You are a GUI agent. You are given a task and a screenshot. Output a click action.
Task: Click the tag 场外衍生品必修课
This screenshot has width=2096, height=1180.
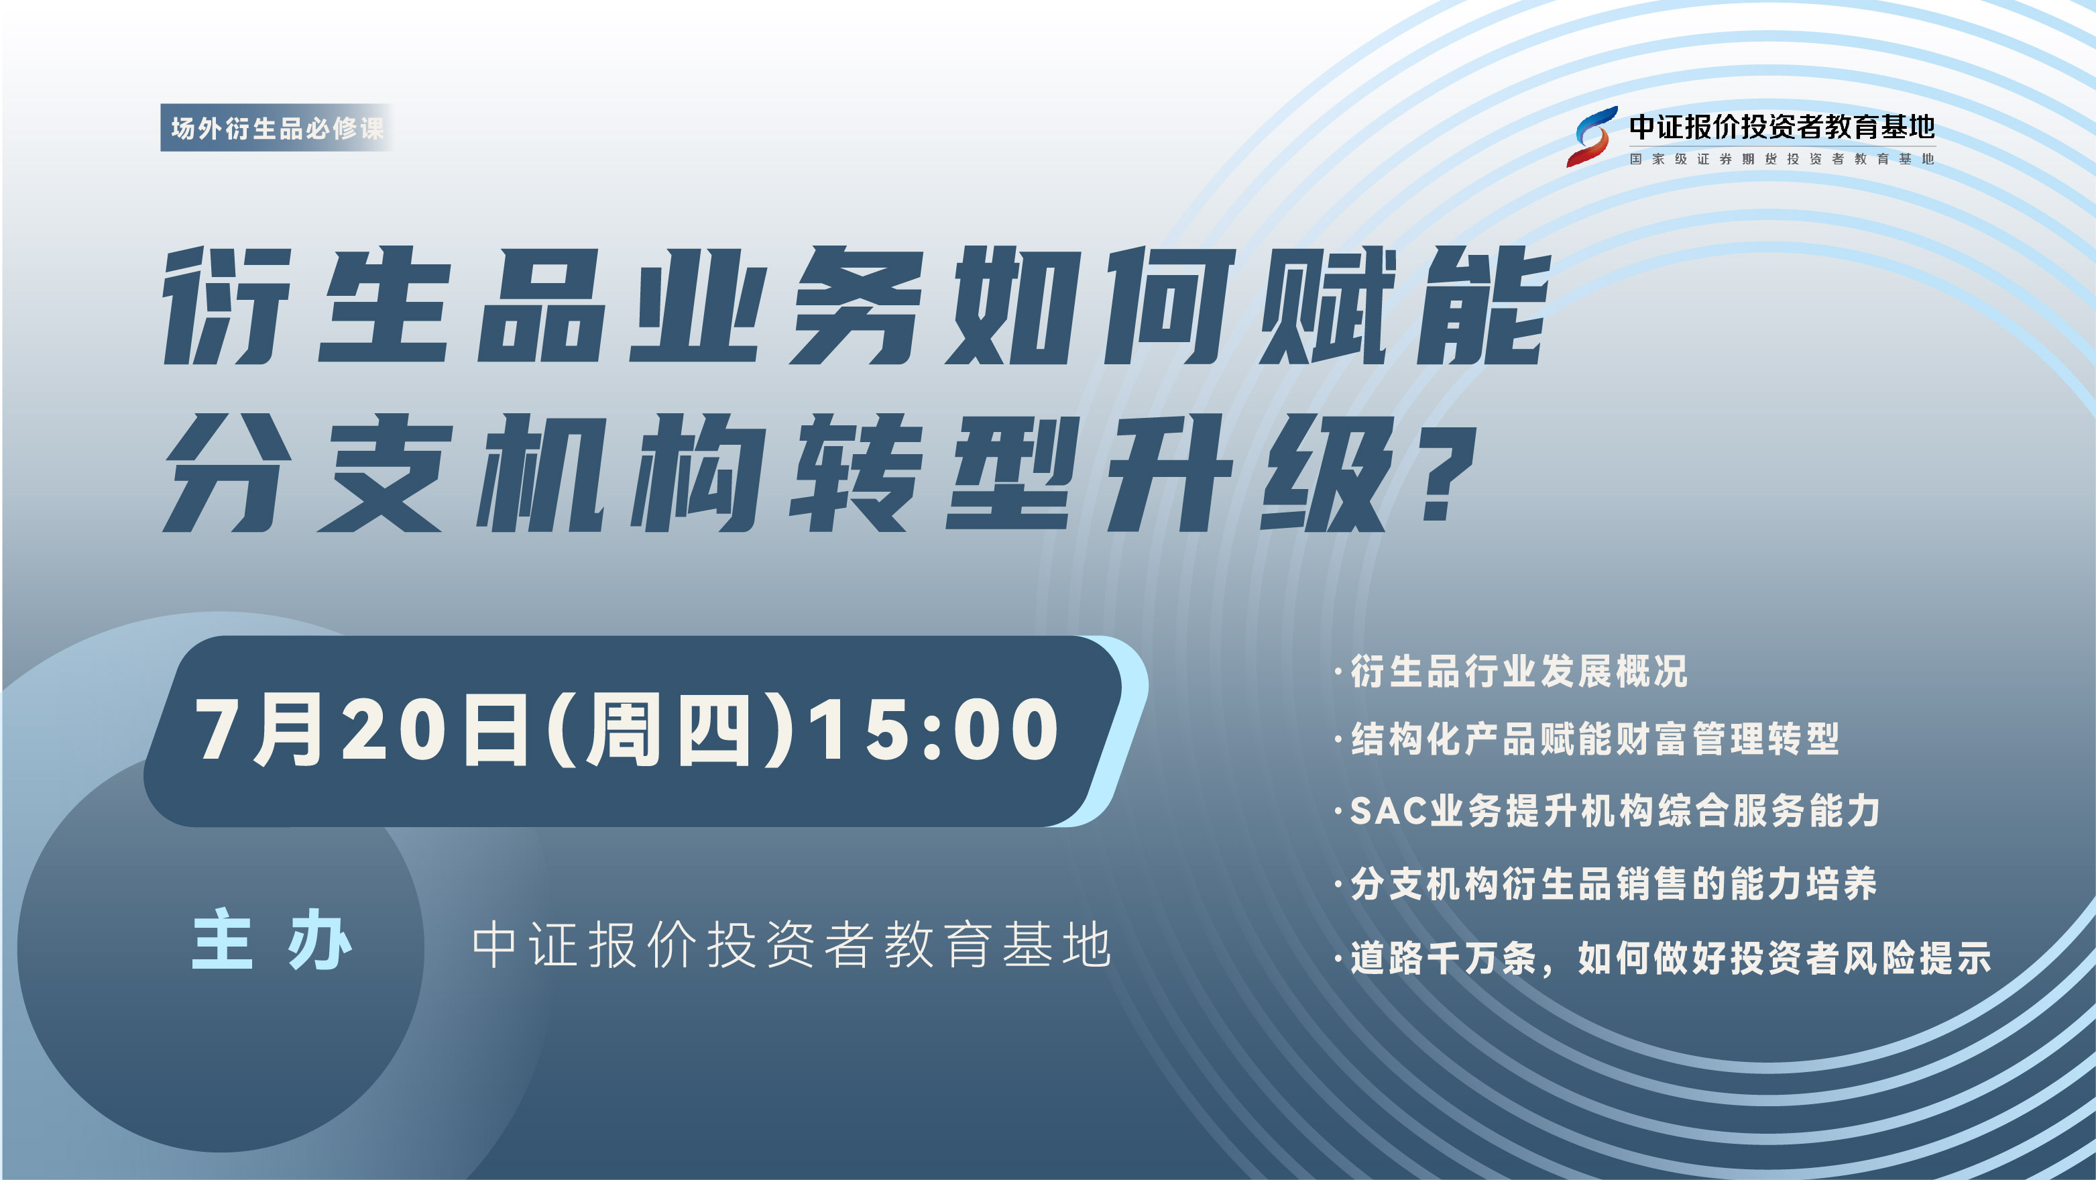(x=277, y=127)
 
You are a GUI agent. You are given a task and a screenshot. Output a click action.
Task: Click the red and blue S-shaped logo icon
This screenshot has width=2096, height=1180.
(x=1592, y=137)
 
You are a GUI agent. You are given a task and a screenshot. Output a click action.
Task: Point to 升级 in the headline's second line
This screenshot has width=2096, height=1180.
(x=1248, y=473)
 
